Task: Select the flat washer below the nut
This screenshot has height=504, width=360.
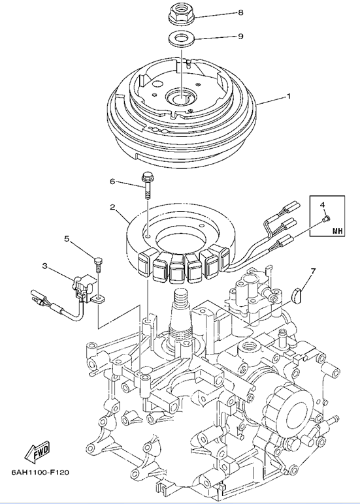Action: pos(181,39)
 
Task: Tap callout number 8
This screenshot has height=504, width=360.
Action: pos(240,12)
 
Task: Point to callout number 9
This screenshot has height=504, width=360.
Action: pos(240,36)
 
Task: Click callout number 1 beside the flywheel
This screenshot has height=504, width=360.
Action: pos(289,96)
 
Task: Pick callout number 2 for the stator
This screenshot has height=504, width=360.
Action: pos(112,208)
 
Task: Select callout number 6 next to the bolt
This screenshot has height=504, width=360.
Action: pos(112,182)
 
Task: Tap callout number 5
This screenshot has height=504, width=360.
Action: pos(67,238)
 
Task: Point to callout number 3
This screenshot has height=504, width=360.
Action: pos(45,266)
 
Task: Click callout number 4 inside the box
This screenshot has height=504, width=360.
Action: pos(322,204)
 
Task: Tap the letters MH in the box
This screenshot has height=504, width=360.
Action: pos(337,230)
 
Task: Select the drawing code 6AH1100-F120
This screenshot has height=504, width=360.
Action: pos(41,472)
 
